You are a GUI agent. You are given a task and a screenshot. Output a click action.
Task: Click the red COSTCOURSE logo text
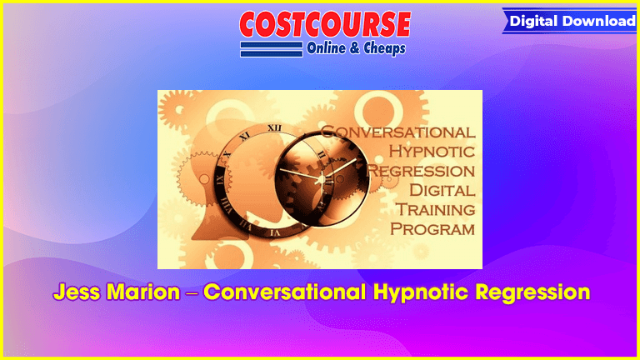[325, 24]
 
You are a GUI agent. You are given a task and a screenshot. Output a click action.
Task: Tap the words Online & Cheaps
[356, 48]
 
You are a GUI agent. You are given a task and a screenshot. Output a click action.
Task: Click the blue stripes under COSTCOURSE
[272, 49]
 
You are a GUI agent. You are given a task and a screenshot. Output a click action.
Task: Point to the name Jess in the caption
[77, 292]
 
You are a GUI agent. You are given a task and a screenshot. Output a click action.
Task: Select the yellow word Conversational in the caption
[284, 292]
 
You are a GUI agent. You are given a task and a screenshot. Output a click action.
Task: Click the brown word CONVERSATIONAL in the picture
[398, 132]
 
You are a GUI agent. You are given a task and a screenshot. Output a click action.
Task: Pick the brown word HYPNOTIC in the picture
[432, 152]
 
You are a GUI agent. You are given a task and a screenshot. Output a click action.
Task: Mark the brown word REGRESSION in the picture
[421, 171]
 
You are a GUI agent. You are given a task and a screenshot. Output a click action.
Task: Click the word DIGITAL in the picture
[442, 190]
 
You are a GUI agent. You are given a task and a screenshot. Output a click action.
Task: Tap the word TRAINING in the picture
[436, 209]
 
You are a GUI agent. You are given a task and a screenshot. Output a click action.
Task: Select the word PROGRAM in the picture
[432, 229]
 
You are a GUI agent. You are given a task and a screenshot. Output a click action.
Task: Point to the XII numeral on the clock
[274, 128]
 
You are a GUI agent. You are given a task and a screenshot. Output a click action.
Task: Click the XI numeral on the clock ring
[244, 136]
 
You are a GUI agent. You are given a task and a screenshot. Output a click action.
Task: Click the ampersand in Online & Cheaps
[355, 48]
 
